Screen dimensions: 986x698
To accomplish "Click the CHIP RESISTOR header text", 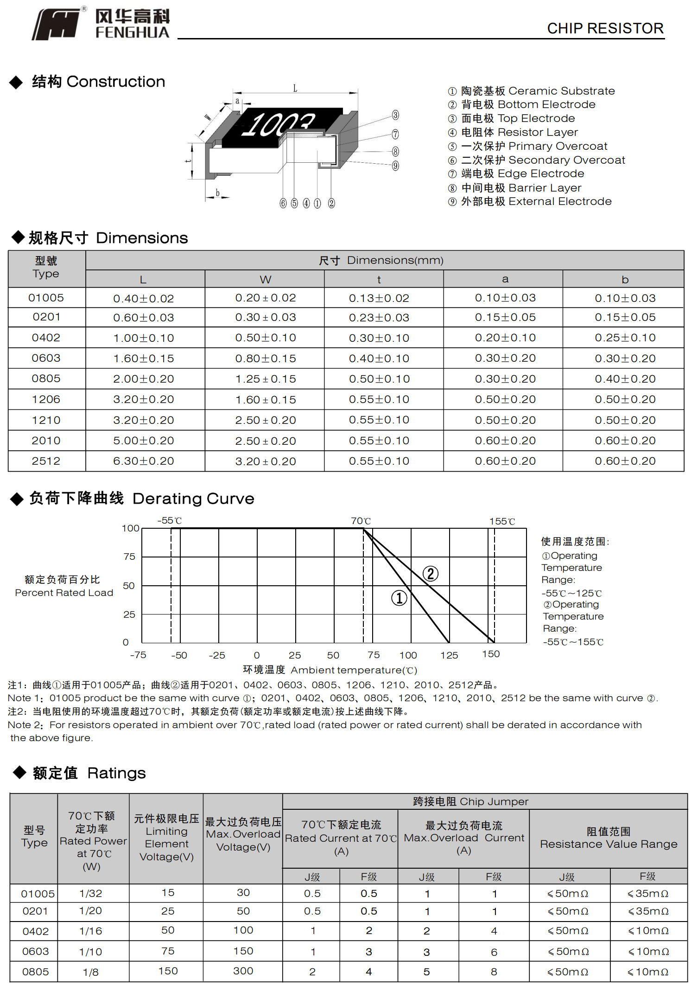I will point(605,29).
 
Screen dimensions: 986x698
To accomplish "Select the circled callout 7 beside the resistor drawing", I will point(395,134).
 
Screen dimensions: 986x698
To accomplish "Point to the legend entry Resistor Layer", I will point(519,133).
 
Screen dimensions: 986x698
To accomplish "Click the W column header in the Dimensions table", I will point(265,280).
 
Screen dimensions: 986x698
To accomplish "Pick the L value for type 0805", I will point(144,379).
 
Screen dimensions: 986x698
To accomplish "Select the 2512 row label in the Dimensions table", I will point(46,461).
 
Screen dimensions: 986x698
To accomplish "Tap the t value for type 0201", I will point(379,318).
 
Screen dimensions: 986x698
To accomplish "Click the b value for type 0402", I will point(625,338).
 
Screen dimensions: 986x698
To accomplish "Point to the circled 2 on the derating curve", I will point(431,574).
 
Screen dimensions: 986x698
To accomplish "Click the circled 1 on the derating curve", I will point(399,598).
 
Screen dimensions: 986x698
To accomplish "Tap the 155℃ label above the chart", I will point(502,522).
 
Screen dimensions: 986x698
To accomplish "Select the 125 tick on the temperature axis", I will point(449,655).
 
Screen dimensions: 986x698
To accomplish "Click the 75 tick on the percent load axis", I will point(129,557).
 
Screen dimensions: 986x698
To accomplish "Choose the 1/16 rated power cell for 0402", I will point(91,931).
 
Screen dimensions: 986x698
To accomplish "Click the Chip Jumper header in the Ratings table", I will point(470,802).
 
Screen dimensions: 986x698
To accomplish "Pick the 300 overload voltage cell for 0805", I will point(243,971).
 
